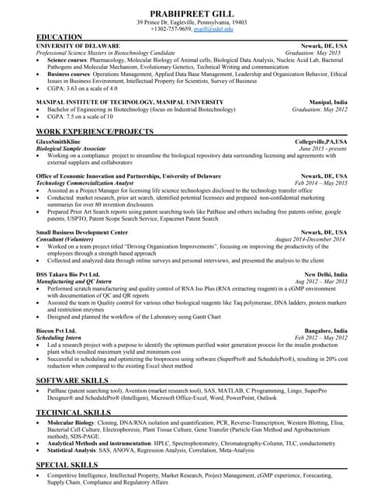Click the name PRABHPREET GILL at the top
(192, 12)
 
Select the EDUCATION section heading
(59, 37)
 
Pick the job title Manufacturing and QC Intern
(78, 281)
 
